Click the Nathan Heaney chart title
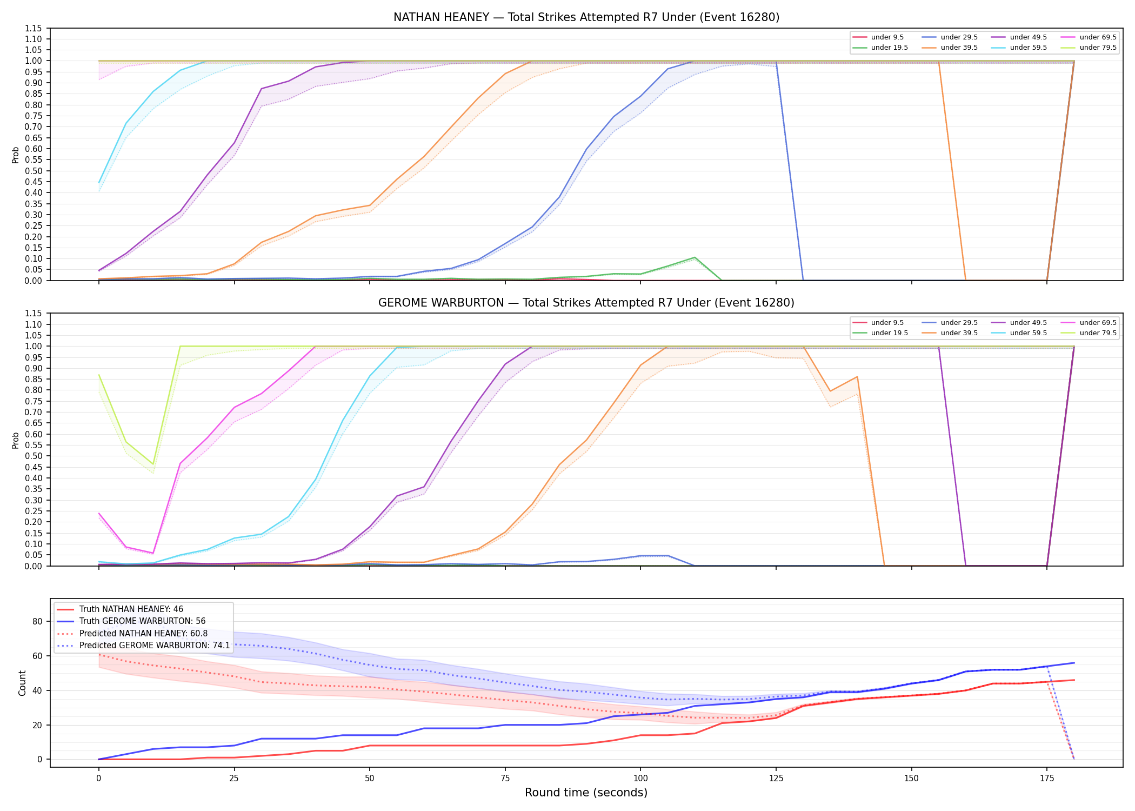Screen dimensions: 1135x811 click(x=586, y=17)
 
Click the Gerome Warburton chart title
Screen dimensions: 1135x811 click(x=586, y=303)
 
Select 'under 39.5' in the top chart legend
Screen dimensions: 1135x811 click(x=959, y=48)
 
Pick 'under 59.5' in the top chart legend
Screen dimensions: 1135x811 click(x=1028, y=48)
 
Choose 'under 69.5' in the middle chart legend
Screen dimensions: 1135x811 click(x=1098, y=323)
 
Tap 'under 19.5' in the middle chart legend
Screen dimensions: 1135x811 click(x=889, y=333)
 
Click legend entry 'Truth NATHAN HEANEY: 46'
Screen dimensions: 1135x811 click(x=131, y=609)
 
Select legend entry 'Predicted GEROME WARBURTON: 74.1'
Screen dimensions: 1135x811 click(x=155, y=645)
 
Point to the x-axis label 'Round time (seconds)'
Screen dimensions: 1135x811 click(x=586, y=793)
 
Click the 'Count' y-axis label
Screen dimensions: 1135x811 click(x=22, y=683)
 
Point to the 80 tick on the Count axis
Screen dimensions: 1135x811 click(x=37, y=621)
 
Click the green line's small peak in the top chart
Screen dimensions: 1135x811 click(x=695, y=257)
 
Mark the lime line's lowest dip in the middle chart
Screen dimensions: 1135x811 click(x=153, y=464)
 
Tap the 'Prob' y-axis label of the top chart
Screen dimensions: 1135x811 click(x=16, y=155)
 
